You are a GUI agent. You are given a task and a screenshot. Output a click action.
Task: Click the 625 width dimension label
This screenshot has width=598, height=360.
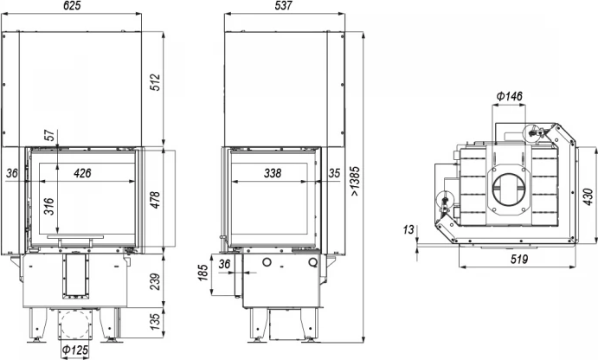click(73, 6)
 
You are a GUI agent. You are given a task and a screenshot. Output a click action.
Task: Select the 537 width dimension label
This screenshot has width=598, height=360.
click(283, 6)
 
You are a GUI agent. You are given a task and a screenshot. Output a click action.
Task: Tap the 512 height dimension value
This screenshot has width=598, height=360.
click(156, 82)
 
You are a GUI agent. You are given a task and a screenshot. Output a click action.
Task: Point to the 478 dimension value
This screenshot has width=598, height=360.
click(156, 200)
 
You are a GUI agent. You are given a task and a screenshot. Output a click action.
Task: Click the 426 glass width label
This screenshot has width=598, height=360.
click(82, 173)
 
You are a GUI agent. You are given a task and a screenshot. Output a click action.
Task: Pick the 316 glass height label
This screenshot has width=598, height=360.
click(49, 206)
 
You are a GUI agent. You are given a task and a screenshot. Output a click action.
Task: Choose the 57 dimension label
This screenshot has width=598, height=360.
click(49, 135)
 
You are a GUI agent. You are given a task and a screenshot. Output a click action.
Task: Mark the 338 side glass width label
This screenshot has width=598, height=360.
click(273, 173)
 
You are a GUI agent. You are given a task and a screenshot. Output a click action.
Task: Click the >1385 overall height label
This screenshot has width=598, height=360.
click(356, 181)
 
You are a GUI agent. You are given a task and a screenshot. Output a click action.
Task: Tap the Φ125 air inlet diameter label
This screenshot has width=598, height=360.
click(74, 350)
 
